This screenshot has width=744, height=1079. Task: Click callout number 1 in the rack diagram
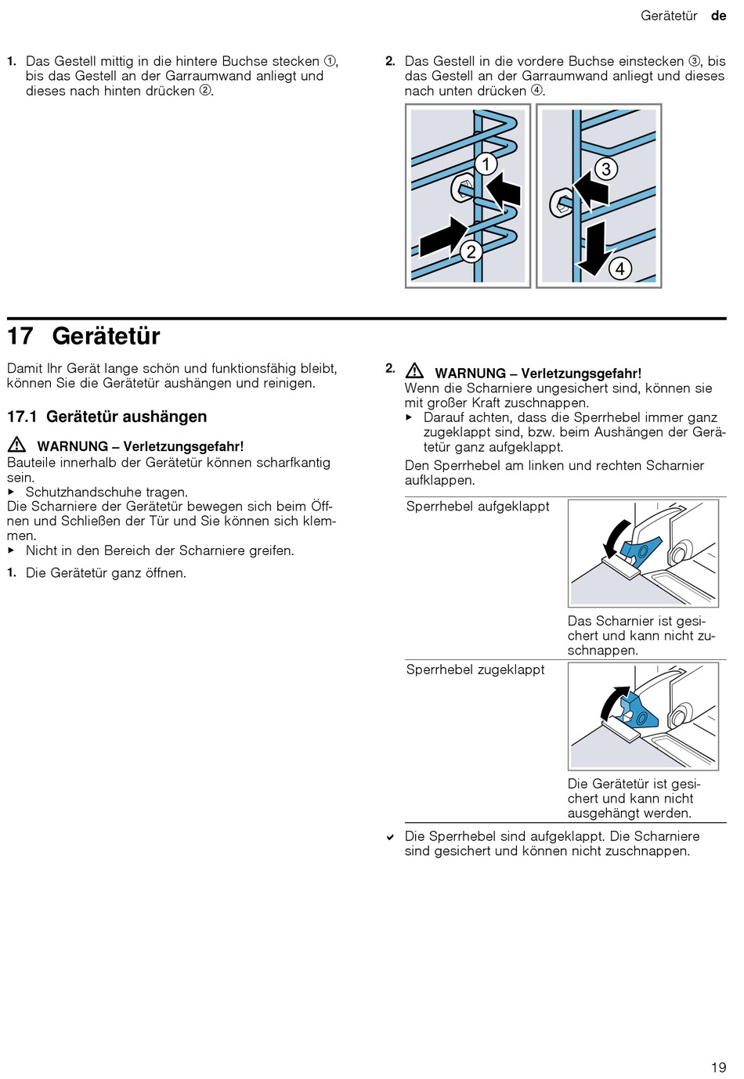[x=486, y=164]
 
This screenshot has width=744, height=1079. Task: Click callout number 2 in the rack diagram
[x=471, y=251]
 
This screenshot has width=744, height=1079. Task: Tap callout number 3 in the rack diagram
[x=605, y=168]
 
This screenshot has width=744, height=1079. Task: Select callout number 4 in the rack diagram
[x=619, y=269]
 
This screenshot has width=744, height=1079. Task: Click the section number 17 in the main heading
[x=20, y=336]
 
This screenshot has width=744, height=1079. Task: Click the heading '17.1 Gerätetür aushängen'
[x=107, y=417]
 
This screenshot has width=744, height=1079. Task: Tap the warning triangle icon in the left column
[x=16, y=445]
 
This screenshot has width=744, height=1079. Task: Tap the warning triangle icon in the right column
[x=414, y=372]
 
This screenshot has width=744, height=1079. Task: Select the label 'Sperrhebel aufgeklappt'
[x=478, y=507]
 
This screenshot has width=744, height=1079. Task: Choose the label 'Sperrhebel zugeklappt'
[x=475, y=669]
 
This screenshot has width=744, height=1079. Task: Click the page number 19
[x=718, y=1067]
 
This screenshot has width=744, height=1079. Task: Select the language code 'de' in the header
[x=718, y=16]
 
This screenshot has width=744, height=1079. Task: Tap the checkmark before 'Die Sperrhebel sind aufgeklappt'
[x=390, y=837]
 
